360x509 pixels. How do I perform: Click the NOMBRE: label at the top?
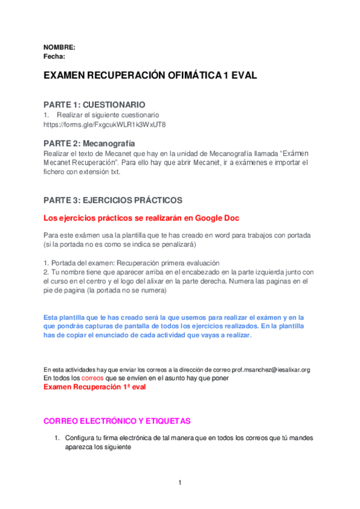click(59, 47)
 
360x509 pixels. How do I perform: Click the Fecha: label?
click(54, 56)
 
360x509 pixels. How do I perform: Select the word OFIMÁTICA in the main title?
click(193, 77)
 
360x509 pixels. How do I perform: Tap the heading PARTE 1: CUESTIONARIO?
click(94, 104)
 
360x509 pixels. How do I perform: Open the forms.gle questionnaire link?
click(104, 125)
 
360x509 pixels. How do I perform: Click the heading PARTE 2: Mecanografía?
click(89, 143)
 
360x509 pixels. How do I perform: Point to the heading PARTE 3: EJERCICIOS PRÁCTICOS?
click(113, 199)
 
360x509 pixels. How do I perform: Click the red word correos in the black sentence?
click(94, 379)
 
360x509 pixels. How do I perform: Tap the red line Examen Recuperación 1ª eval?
click(94, 388)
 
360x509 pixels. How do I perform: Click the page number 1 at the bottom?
click(179, 483)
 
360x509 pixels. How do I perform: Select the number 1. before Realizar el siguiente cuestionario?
click(46, 115)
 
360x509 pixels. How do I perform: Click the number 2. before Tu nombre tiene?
click(47, 272)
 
